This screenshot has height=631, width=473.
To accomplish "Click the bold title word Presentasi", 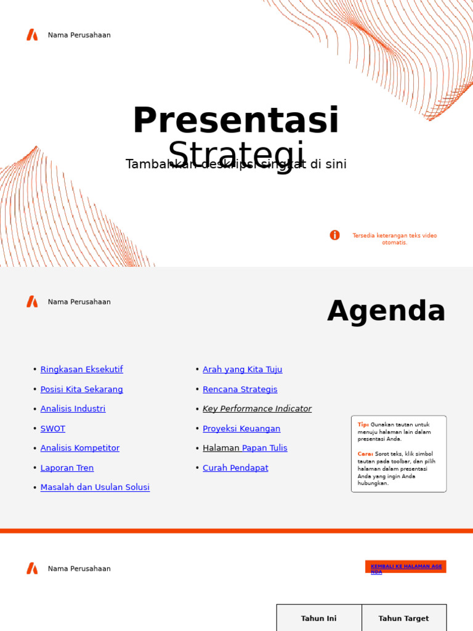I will [x=235, y=121].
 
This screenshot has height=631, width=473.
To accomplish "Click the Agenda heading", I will [x=386, y=311].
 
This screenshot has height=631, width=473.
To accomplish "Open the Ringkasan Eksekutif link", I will [x=81, y=370].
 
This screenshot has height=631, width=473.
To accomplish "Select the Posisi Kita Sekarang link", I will [x=81, y=389].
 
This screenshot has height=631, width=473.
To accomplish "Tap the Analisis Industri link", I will [x=73, y=409].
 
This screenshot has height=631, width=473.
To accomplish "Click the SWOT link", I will [x=52, y=429].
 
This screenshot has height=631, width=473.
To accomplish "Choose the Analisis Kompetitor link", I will [x=79, y=449].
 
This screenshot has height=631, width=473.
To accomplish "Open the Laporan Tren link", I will [x=67, y=468].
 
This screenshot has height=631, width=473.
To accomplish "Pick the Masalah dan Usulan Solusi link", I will [x=95, y=487].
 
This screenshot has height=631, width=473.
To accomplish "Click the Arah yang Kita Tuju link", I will [x=242, y=370].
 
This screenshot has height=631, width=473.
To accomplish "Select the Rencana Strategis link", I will [x=240, y=389].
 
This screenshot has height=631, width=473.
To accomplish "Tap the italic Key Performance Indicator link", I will [x=257, y=409].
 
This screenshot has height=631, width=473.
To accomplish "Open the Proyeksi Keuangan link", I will [x=241, y=429].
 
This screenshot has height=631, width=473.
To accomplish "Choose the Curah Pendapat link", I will [x=235, y=468].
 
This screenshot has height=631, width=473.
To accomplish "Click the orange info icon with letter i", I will [x=334, y=235].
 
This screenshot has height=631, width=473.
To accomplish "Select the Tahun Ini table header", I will [x=318, y=619].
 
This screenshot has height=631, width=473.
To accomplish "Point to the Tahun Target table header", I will [x=403, y=619].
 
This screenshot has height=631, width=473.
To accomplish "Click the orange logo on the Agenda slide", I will [x=32, y=302].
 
